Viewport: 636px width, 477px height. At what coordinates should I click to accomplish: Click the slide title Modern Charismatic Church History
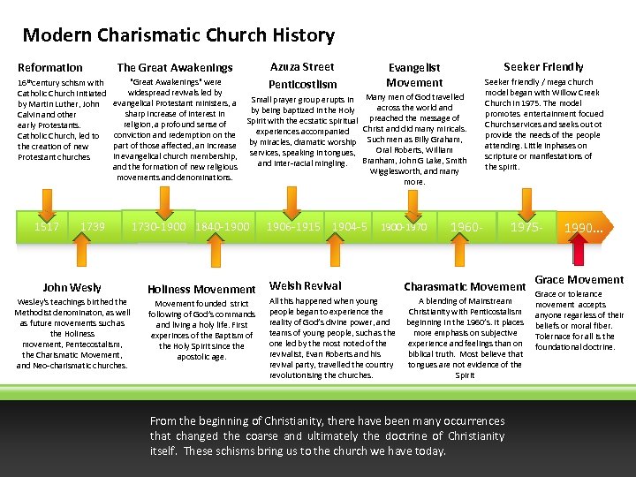point(178,35)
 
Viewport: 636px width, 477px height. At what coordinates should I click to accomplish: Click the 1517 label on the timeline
point(46,227)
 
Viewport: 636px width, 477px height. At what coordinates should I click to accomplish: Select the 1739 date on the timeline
point(92,227)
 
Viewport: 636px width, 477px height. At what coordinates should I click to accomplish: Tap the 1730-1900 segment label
point(157,227)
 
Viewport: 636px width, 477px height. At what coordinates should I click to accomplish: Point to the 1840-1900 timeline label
point(223,227)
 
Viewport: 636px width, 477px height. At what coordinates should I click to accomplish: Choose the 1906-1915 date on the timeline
point(293,227)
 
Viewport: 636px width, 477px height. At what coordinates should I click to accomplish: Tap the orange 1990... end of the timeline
point(585,228)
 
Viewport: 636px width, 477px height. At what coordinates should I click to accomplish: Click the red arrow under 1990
point(579,251)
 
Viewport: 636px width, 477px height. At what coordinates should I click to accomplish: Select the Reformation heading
point(50,67)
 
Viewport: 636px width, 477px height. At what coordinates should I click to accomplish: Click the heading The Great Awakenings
point(175,67)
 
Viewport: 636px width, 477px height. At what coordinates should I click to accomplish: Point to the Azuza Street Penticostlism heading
point(302,75)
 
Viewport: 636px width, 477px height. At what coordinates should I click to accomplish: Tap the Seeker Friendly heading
point(543,66)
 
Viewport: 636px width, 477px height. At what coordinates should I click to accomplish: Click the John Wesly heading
point(72,287)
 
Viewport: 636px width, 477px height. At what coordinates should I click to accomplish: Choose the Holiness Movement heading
point(201,289)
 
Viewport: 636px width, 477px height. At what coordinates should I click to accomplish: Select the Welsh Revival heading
point(306,285)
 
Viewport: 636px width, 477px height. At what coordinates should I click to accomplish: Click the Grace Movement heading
point(579,280)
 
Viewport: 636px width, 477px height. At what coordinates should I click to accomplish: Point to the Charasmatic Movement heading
point(465,286)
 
